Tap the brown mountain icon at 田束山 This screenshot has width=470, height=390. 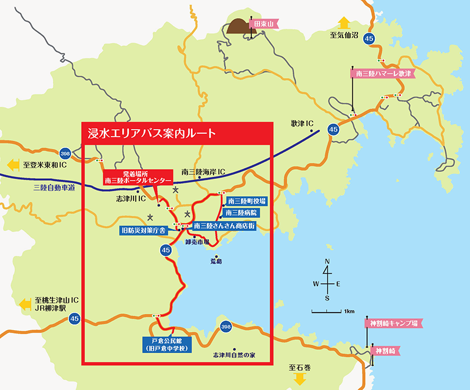(x=238, y=26)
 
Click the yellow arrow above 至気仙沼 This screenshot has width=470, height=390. (x=344, y=23)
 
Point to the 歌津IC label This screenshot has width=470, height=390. (x=302, y=124)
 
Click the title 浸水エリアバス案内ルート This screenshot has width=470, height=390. (x=150, y=133)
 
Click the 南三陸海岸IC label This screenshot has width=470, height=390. (x=203, y=172)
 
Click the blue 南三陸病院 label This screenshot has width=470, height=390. (x=242, y=213)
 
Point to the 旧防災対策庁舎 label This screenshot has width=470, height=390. (x=143, y=231)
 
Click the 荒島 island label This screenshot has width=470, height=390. (x=216, y=262)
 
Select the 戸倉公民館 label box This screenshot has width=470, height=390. (x=167, y=344)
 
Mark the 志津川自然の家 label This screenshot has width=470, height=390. (x=234, y=354)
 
